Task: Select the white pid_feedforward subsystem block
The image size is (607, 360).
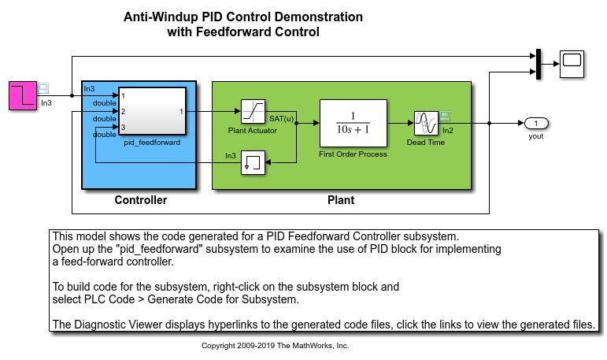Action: [152, 112]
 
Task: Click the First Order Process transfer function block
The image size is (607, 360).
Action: [353, 123]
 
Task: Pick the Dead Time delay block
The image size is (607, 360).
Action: [425, 123]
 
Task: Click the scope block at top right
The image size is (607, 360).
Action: [571, 63]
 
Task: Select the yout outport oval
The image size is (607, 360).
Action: [536, 123]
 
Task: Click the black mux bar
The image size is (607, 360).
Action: [537, 63]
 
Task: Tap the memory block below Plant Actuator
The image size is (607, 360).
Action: [252, 163]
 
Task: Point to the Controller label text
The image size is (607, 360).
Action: [141, 200]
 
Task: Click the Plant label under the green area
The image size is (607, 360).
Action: [341, 200]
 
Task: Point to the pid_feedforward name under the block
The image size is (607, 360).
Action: [152, 143]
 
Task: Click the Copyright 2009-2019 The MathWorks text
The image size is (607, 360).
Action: [275, 346]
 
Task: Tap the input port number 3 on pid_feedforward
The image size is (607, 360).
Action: [123, 127]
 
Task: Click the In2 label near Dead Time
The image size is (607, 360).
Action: [447, 131]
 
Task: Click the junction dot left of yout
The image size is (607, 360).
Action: [490, 124]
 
